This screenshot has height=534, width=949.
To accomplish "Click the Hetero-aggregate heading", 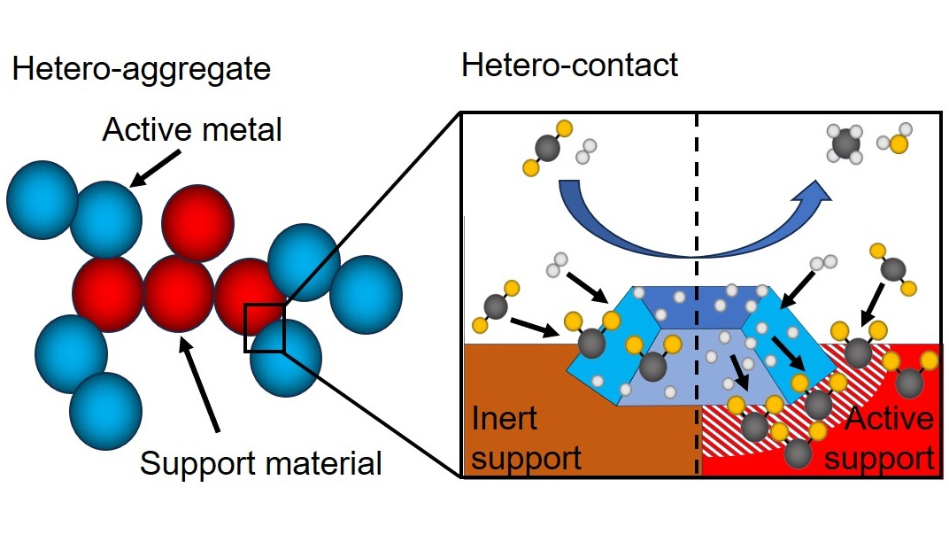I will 141,68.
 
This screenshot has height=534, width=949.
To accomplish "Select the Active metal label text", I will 192,129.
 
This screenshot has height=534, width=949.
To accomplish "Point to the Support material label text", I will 261,461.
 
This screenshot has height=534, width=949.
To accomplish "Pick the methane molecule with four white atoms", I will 845,143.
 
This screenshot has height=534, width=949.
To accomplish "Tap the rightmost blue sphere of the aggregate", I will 366,293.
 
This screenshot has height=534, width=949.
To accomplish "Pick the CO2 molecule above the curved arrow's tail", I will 550,151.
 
